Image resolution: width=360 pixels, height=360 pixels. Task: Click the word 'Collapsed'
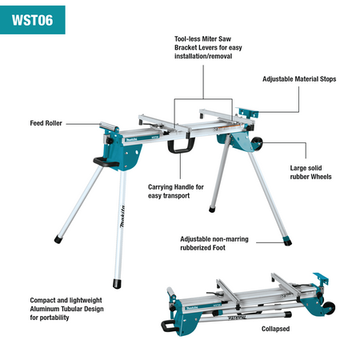pos(275,329)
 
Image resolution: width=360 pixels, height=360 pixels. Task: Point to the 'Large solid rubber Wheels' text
pos(310,172)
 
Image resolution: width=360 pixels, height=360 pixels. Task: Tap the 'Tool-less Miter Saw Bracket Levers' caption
pos(203,47)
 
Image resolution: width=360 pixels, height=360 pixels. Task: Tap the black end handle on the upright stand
pos(102,161)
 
